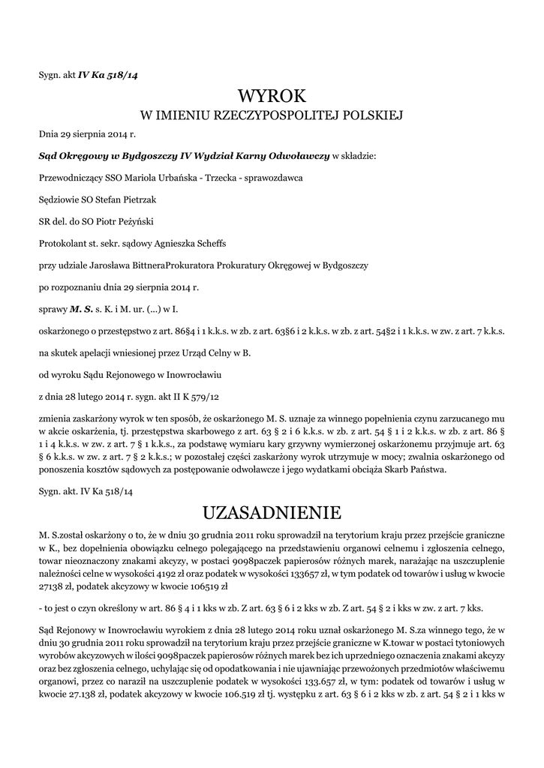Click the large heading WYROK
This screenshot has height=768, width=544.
[272, 96]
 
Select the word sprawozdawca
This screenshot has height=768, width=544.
[272, 178]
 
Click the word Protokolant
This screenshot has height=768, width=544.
[62, 243]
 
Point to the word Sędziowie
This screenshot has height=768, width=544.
[60, 199]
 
